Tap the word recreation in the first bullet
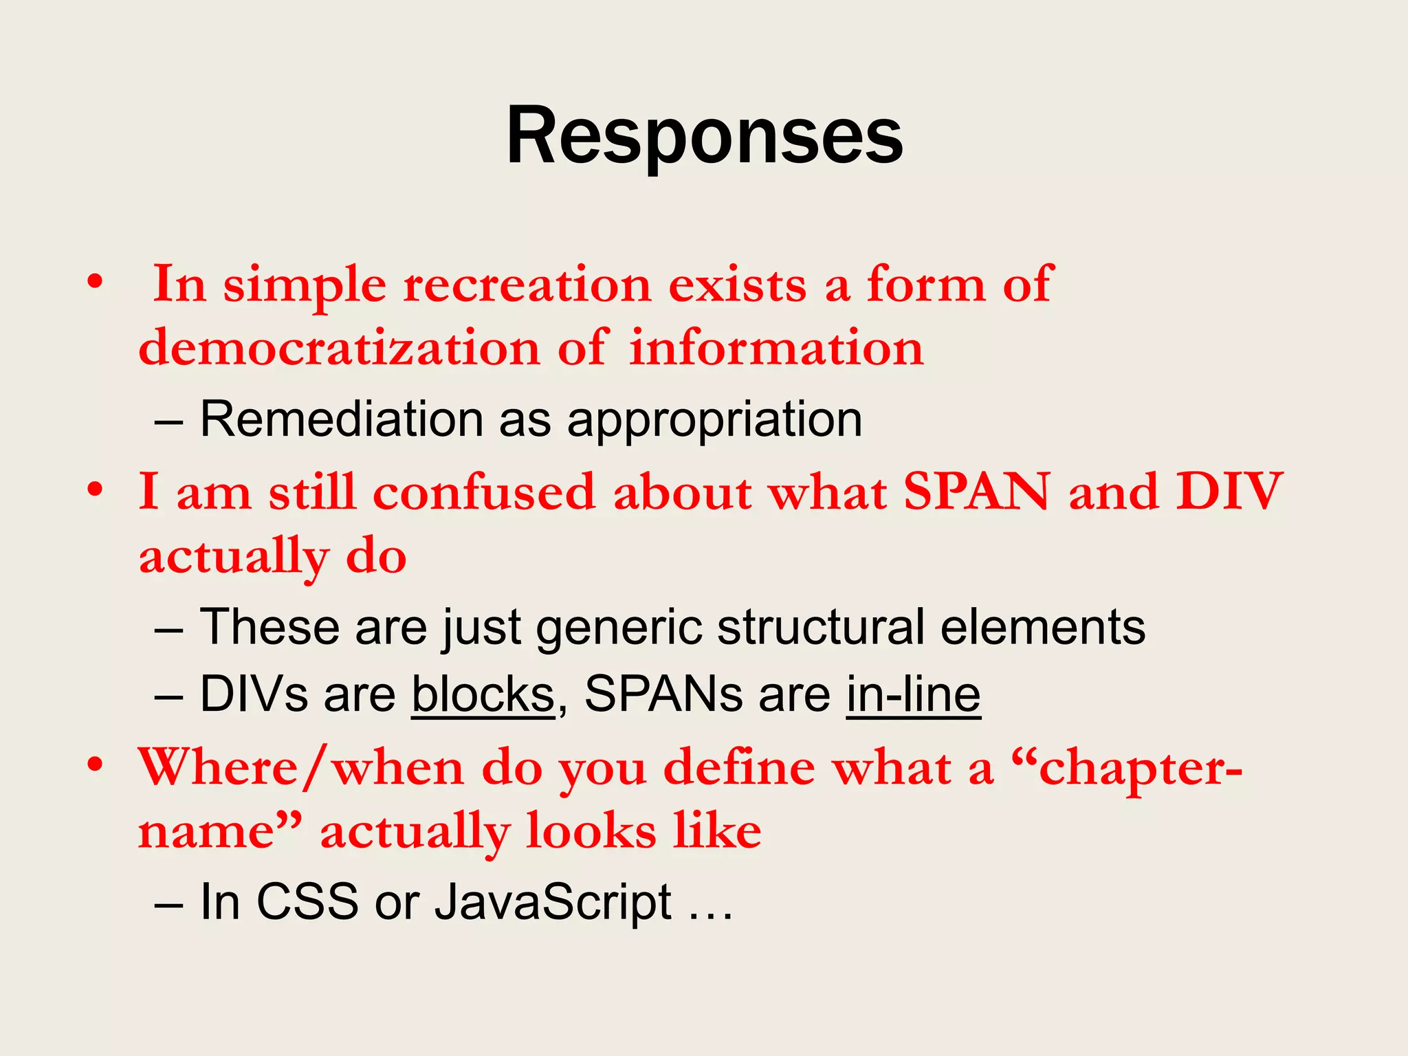coord(527,284)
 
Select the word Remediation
coord(342,419)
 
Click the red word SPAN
coord(976,492)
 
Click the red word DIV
coord(1229,492)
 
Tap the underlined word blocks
coord(483,694)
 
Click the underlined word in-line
coord(913,694)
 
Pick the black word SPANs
coord(663,694)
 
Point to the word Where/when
coord(301,767)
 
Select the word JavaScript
coord(553,901)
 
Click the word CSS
coord(307,901)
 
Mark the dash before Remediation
coord(169,421)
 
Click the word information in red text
coord(776,347)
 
